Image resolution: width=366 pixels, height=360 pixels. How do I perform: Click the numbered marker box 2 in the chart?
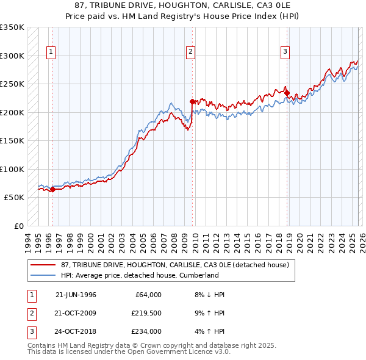click(191, 52)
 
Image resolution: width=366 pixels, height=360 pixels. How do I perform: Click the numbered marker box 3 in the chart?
click(285, 52)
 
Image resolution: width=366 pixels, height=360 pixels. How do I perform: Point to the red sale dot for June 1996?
click(52, 190)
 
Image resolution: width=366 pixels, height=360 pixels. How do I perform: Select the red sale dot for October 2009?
click(193, 101)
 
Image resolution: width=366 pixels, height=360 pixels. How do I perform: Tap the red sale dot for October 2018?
click(287, 93)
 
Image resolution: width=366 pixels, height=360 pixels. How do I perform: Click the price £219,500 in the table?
click(146, 313)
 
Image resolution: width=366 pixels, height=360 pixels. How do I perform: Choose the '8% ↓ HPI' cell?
click(210, 295)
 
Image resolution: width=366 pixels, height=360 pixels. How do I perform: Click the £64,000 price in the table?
click(148, 295)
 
